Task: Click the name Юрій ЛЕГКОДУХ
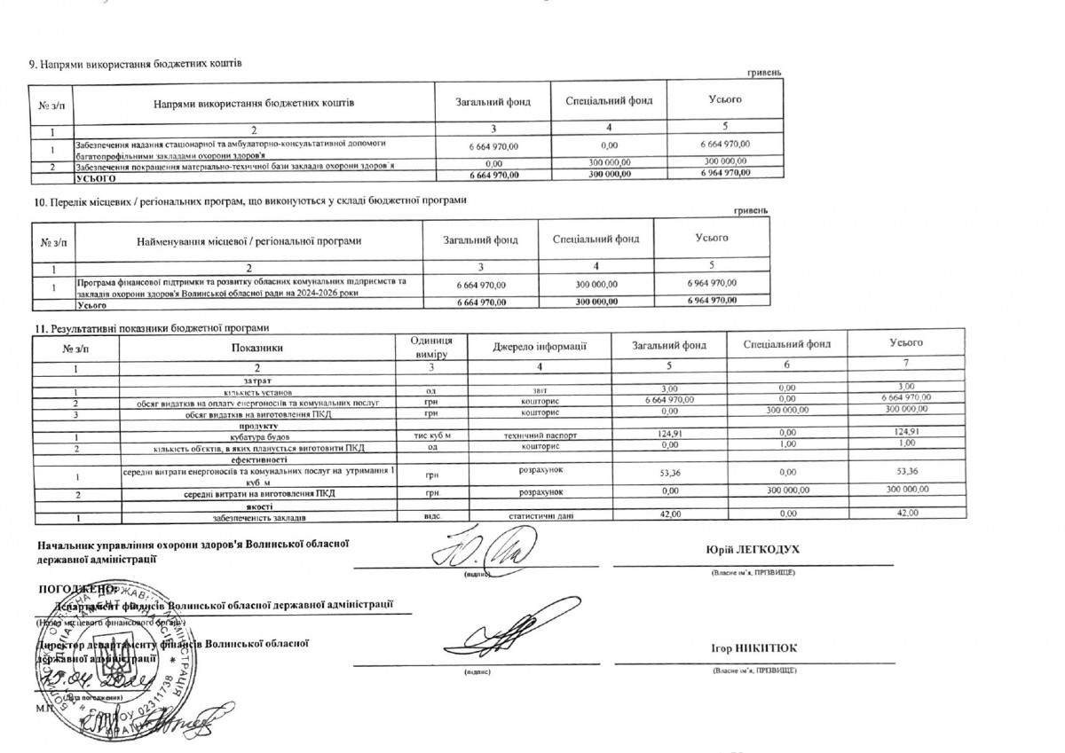(753, 550)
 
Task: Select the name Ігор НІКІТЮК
(753, 648)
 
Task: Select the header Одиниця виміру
(431, 347)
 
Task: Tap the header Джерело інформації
(540, 346)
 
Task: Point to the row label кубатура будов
(258, 437)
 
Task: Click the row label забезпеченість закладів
(259, 515)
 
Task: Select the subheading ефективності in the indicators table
(258, 459)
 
